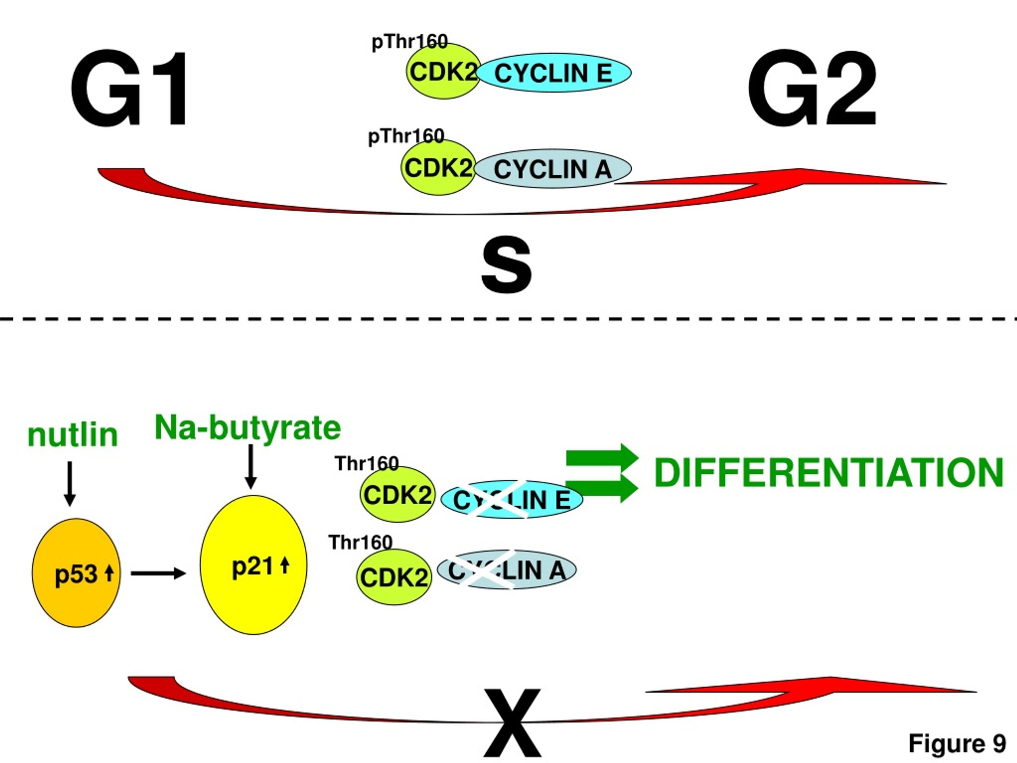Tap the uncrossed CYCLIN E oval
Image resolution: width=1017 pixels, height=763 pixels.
coord(554,72)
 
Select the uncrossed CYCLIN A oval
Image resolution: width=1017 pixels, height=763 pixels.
coord(553,168)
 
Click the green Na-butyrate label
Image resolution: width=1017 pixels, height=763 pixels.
coord(248,428)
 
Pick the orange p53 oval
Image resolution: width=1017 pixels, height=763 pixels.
coord(76,573)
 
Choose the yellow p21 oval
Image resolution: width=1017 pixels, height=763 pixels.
coord(253,565)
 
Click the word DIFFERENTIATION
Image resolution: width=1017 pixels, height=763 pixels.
coord(828,473)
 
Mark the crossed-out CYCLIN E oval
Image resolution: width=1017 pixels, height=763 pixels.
coord(512,500)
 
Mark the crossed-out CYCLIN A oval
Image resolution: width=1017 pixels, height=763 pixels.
coord(506,570)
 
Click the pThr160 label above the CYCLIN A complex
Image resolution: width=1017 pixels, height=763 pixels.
coord(406,136)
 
